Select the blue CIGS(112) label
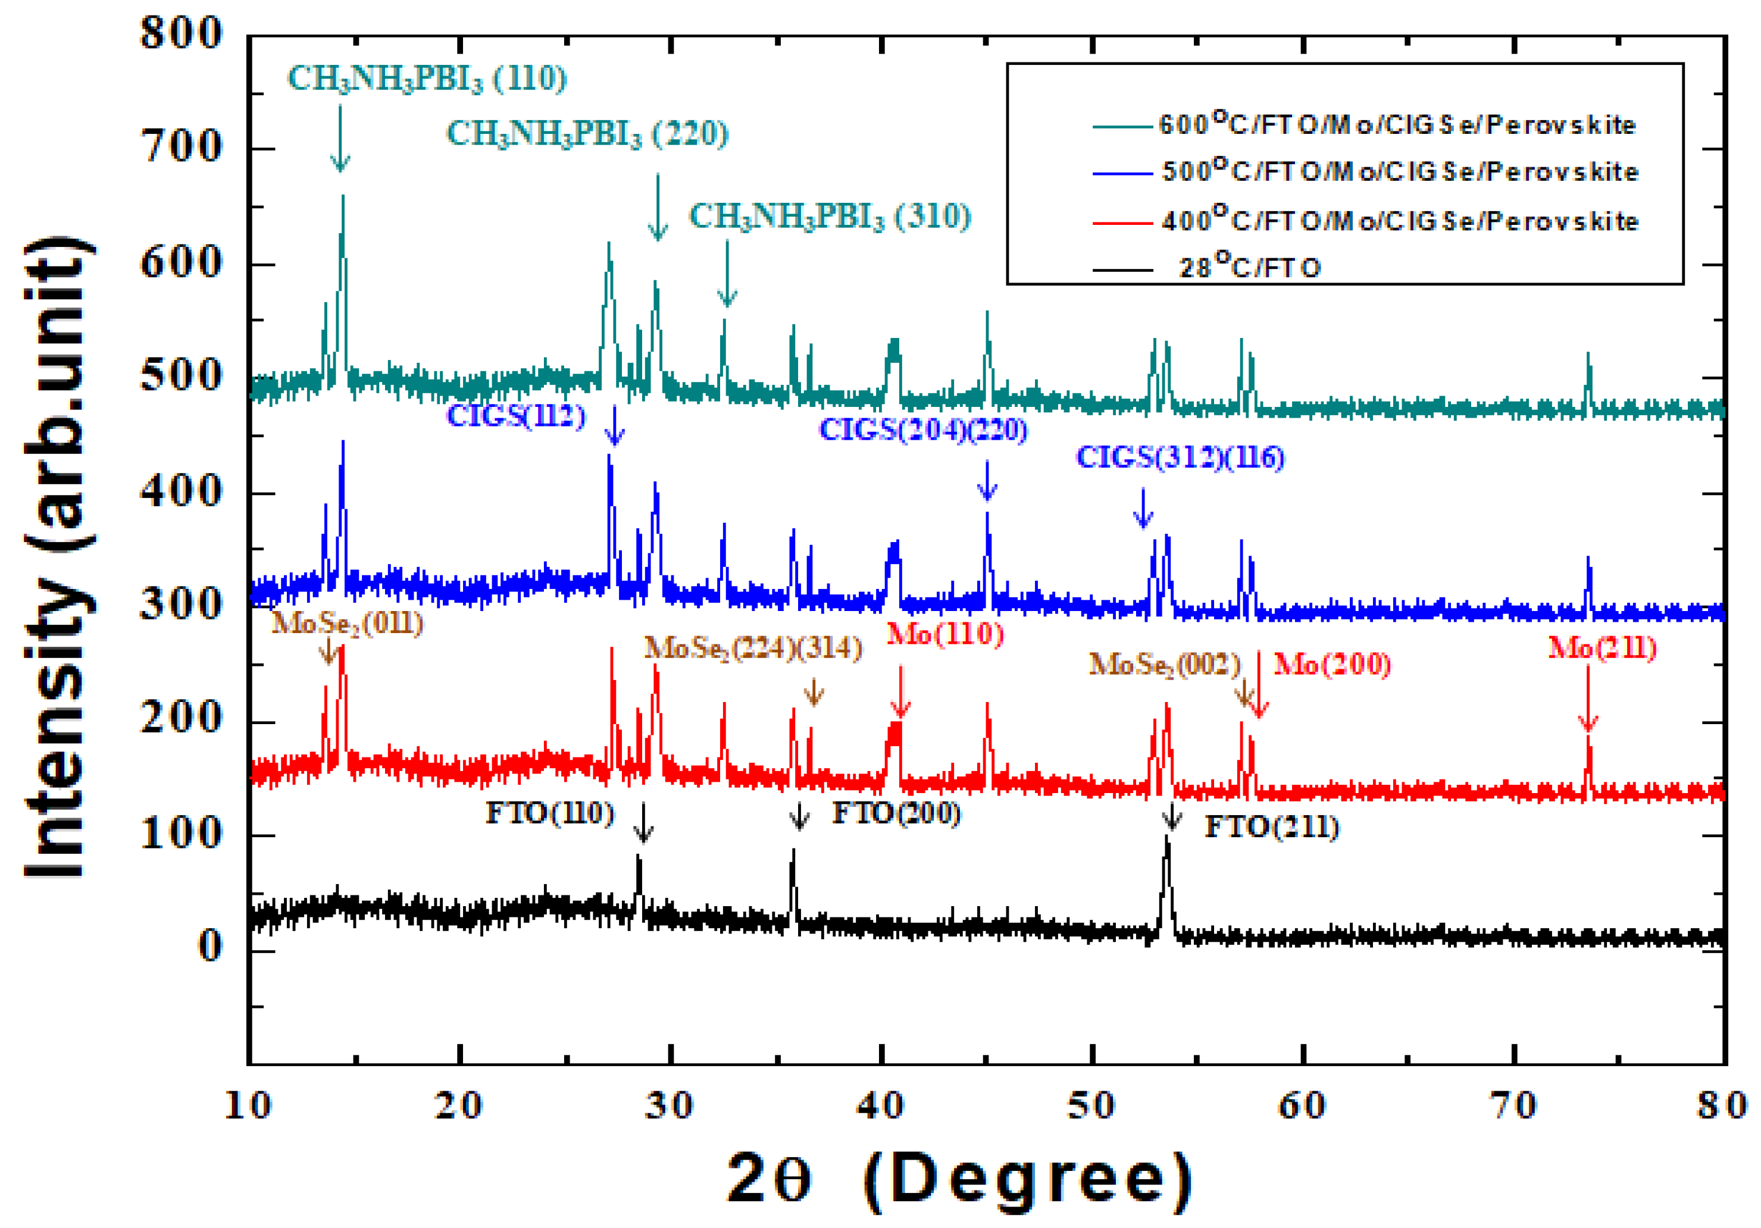[515, 416]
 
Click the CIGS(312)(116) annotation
[1180, 457]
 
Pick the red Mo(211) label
[1602, 649]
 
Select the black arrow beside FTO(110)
[643, 822]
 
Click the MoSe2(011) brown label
[347, 623]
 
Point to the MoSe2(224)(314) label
[752, 649]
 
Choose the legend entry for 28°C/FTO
[1249, 268]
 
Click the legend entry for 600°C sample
[1396, 124]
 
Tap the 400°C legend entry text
[1399, 221]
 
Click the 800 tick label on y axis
[181, 34]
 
